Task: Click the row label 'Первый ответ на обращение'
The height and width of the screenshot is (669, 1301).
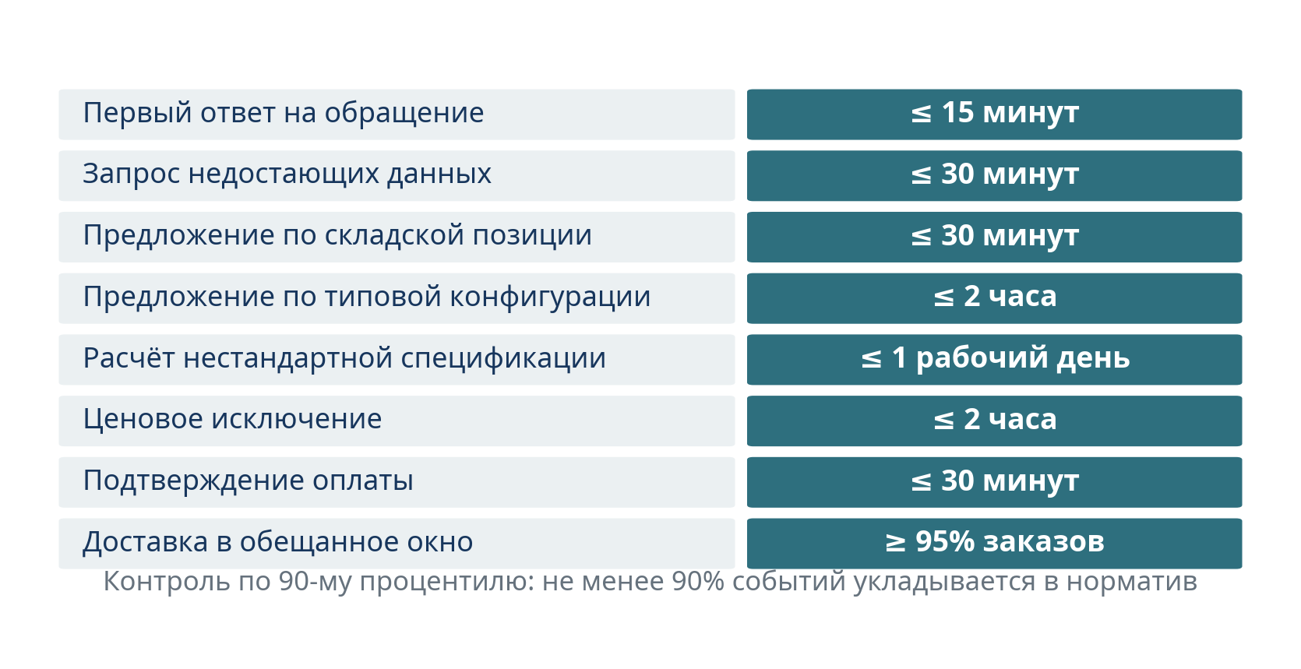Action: pyautogui.click(x=284, y=113)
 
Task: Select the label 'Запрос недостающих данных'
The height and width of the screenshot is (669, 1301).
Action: pyautogui.click(x=287, y=174)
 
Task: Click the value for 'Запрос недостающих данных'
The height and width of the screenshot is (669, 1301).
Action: pyautogui.click(x=994, y=174)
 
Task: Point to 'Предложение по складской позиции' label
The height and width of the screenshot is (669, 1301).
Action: pyautogui.click(x=337, y=236)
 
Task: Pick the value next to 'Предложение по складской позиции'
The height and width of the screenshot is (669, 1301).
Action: pyautogui.click(x=994, y=236)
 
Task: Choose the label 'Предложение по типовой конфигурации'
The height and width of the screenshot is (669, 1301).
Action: pyautogui.click(x=366, y=298)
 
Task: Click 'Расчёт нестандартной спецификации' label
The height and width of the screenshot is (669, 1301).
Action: pyautogui.click(x=344, y=357)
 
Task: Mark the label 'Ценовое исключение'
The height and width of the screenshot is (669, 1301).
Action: pyautogui.click(x=232, y=419)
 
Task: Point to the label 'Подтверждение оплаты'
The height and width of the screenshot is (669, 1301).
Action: pyautogui.click(x=248, y=481)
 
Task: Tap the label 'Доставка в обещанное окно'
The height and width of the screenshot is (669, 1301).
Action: pyautogui.click(x=277, y=542)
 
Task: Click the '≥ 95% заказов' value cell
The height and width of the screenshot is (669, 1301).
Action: pyautogui.click(x=994, y=542)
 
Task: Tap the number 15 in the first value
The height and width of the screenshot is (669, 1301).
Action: pyautogui.click(x=957, y=112)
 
